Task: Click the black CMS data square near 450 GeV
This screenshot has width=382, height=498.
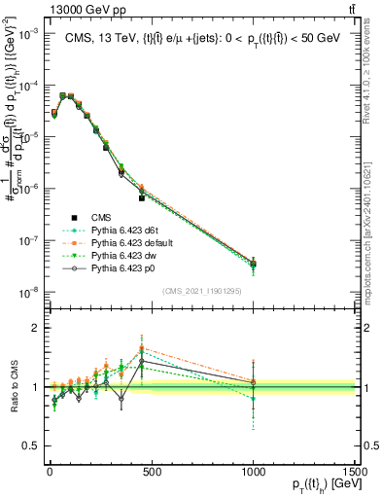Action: pyautogui.click(x=142, y=197)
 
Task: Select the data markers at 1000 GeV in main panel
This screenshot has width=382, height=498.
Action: pyautogui.click(x=253, y=264)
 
